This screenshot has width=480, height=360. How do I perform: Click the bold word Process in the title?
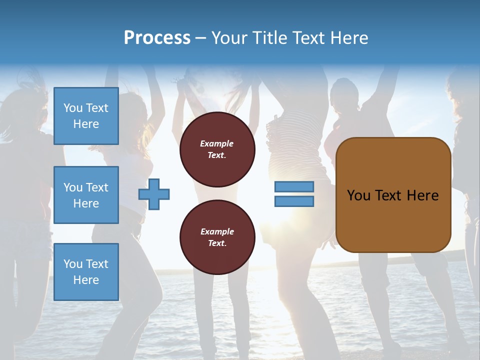pyautogui.click(x=157, y=38)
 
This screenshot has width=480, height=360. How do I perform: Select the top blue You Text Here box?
pyautogui.click(x=86, y=116)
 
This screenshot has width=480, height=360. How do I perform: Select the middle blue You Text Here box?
pyautogui.click(x=86, y=195)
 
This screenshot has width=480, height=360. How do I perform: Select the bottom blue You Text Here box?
pyautogui.click(x=86, y=271)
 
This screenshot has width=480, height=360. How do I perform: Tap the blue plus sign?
pyautogui.click(x=154, y=194)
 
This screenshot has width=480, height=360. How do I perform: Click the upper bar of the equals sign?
pyautogui.click(x=294, y=187)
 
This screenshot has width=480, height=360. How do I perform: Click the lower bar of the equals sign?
pyautogui.click(x=294, y=201)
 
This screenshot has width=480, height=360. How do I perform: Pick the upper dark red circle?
pyautogui.click(x=217, y=149)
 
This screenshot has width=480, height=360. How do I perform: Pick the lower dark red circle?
pyautogui.click(x=217, y=237)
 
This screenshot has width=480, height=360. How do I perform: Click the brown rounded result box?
pyautogui.click(x=393, y=195)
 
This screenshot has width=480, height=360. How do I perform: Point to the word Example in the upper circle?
pyautogui.click(x=217, y=143)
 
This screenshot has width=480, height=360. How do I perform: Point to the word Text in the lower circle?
pyautogui.click(x=216, y=243)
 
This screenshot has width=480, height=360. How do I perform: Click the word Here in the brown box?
pyautogui.click(x=423, y=195)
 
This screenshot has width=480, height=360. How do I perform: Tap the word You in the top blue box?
pyautogui.click(x=73, y=108)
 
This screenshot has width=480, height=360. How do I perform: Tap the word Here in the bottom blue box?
pyautogui.click(x=86, y=280)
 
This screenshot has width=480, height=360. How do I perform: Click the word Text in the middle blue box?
pyautogui.click(x=97, y=187)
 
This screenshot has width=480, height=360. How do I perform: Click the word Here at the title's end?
pyautogui.click(x=348, y=38)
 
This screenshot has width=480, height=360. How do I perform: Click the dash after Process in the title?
pyautogui.click(x=200, y=38)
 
